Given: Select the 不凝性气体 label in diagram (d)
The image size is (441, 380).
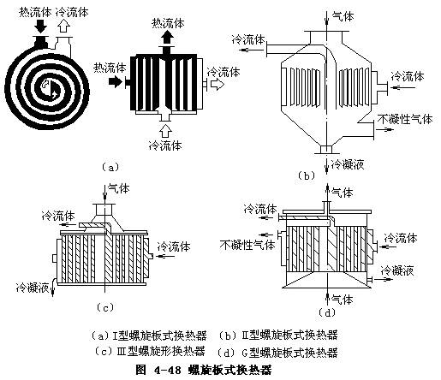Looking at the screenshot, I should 247,243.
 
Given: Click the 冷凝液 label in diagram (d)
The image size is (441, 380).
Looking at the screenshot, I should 398,270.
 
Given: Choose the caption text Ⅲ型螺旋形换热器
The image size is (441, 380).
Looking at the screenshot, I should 150,351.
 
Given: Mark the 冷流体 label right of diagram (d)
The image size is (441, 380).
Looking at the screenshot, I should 402,237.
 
